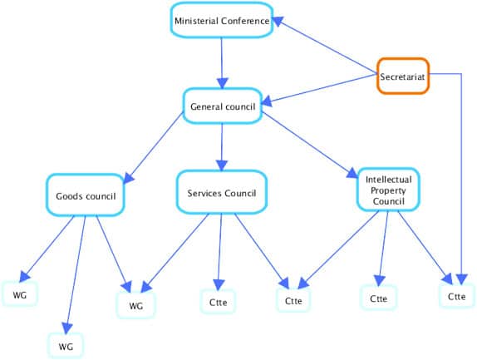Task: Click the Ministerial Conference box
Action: [222, 22]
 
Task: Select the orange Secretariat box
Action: [403, 77]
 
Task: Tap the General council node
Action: [223, 106]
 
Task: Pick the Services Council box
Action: [222, 193]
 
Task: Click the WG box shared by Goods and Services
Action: [135, 305]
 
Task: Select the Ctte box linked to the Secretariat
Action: [457, 296]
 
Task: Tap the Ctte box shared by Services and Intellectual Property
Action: [293, 300]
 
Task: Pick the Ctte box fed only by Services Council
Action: [219, 301]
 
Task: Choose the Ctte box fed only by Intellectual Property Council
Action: [378, 298]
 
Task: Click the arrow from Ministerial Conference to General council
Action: [221, 63]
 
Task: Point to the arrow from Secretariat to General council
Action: [320, 91]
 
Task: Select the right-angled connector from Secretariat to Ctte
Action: [460, 166]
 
